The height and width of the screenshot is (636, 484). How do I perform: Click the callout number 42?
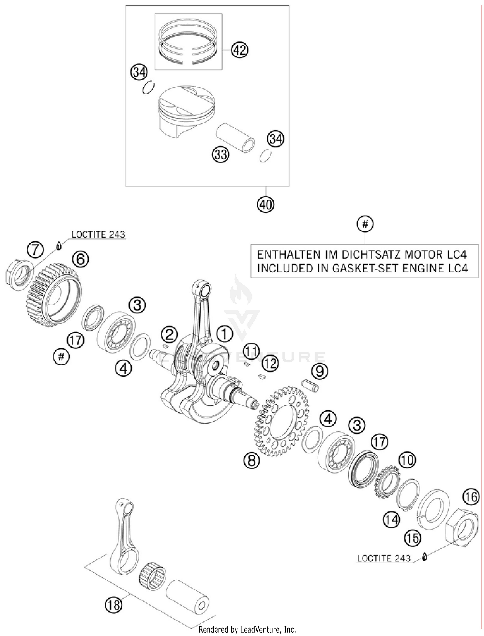(240, 50)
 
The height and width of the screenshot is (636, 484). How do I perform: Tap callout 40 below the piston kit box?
(266, 204)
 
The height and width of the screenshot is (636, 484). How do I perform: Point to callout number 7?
(35, 250)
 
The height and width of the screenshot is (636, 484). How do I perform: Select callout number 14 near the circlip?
(391, 520)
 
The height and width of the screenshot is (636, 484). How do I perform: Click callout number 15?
(413, 538)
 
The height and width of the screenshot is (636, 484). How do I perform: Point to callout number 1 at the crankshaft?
(224, 334)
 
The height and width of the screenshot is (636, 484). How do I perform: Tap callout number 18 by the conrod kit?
(114, 604)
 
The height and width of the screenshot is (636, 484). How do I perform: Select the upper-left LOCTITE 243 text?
(98, 235)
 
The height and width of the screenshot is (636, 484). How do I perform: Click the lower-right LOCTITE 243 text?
(384, 559)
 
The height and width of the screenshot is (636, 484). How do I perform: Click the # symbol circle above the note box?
(365, 224)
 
